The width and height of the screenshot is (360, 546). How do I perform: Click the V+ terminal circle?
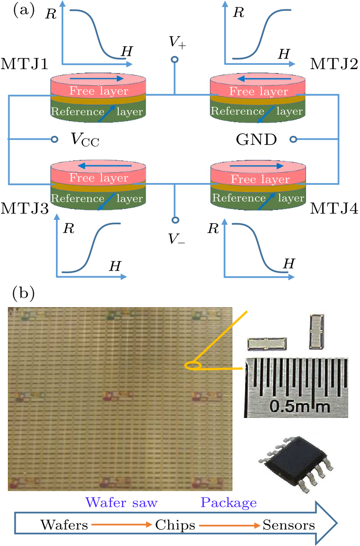coord(174,61)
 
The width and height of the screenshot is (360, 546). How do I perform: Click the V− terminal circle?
coord(174,220)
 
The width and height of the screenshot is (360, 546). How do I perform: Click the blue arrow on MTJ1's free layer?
coord(96,78)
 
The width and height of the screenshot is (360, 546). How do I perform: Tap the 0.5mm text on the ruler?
coord(294,405)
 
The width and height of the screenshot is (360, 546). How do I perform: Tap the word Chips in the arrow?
coord(175,525)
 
